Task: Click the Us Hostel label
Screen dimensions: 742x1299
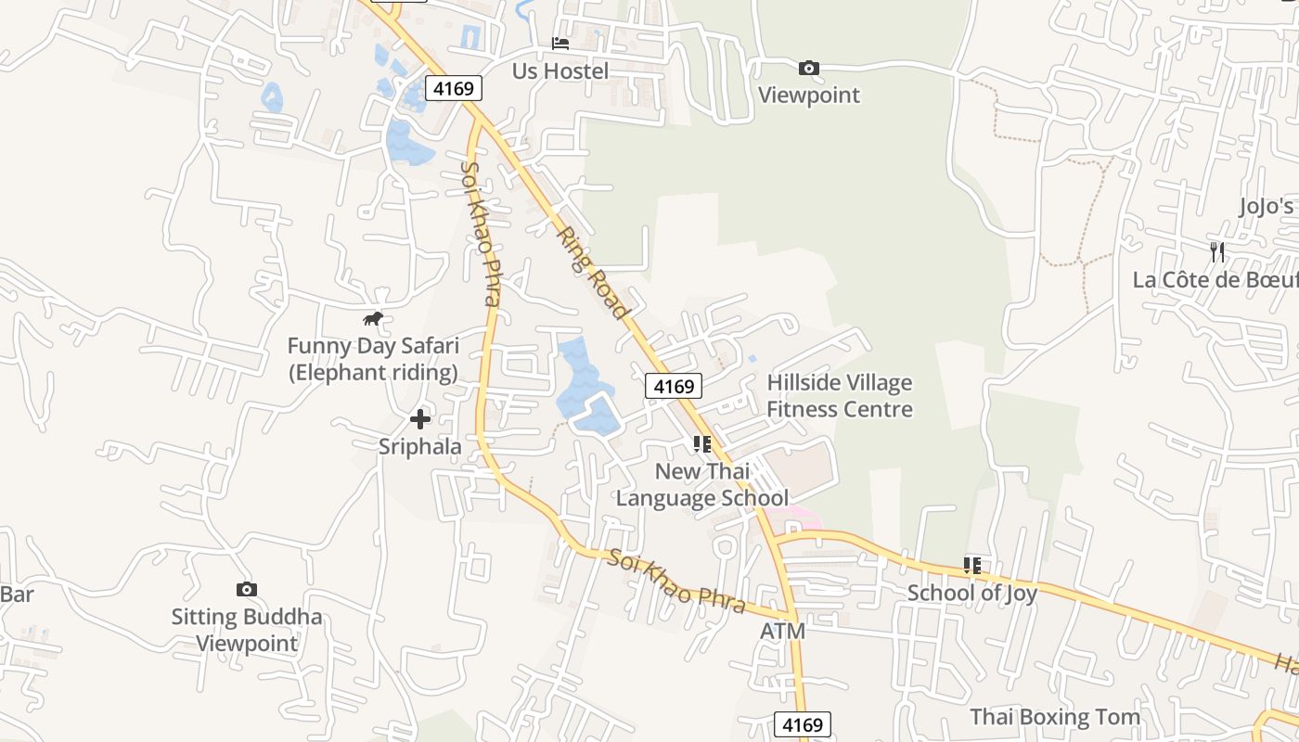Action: [560, 71]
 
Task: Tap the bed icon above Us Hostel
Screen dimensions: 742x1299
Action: [560, 43]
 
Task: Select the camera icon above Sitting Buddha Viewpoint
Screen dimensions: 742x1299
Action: [246, 589]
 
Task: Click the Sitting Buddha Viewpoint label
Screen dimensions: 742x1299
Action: [247, 630]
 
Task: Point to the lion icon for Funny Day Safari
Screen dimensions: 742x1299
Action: [373, 319]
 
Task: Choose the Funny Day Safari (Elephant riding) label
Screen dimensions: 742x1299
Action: [373, 359]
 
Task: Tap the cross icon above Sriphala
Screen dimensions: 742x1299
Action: [420, 419]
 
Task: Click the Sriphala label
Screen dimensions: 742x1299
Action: [420, 446]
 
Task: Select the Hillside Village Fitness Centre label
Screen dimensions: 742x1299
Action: [840, 396]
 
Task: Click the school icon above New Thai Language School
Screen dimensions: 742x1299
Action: [702, 444]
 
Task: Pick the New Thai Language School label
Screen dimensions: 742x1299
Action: [702, 484]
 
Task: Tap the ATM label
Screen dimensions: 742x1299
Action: [783, 632]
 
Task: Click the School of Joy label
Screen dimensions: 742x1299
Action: [972, 593]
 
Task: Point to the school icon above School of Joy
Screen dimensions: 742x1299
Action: [972, 565]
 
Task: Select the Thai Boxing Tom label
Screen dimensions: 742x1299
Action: [1055, 717]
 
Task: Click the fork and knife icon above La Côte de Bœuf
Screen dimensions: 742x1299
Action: [1217, 251]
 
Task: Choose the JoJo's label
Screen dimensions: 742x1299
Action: [1267, 206]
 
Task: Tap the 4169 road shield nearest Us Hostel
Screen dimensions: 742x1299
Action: [454, 89]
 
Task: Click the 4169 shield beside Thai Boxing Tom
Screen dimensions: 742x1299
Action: [802, 724]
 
